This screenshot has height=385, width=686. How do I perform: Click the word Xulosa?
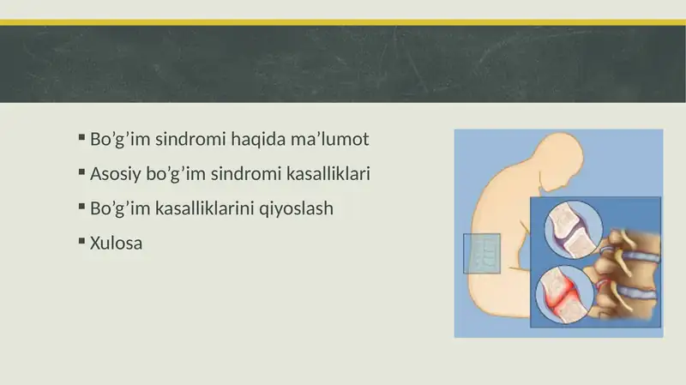pos(116,244)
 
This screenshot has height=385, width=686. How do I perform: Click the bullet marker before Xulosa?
pos(81,241)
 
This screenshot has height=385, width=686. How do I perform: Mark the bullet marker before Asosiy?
pos(81,171)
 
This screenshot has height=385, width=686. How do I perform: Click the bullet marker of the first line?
pos(81,136)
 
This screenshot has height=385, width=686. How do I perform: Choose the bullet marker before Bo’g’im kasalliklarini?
pos(81,206)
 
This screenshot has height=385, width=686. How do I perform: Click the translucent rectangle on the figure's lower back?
pos(481,253)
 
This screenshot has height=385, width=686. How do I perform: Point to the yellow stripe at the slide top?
pos(343,21)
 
